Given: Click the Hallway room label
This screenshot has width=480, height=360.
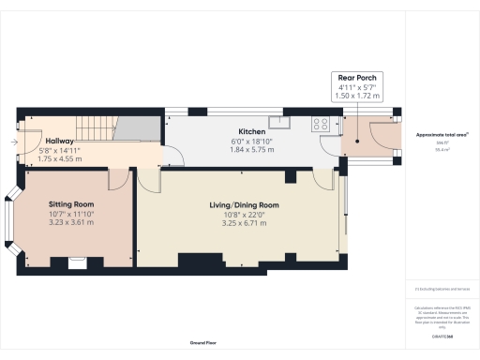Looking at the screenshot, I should (x=59, y=139).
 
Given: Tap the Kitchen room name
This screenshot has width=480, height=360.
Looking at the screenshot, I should (x=251, y=131).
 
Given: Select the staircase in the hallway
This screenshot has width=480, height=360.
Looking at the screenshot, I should (x=93, y=127).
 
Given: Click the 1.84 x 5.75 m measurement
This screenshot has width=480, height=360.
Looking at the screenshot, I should (x=251, y=150).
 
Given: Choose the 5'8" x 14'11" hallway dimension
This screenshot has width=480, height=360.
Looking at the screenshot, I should (x=59, y=149).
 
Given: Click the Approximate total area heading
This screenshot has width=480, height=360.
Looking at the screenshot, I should (x=442, y=135).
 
